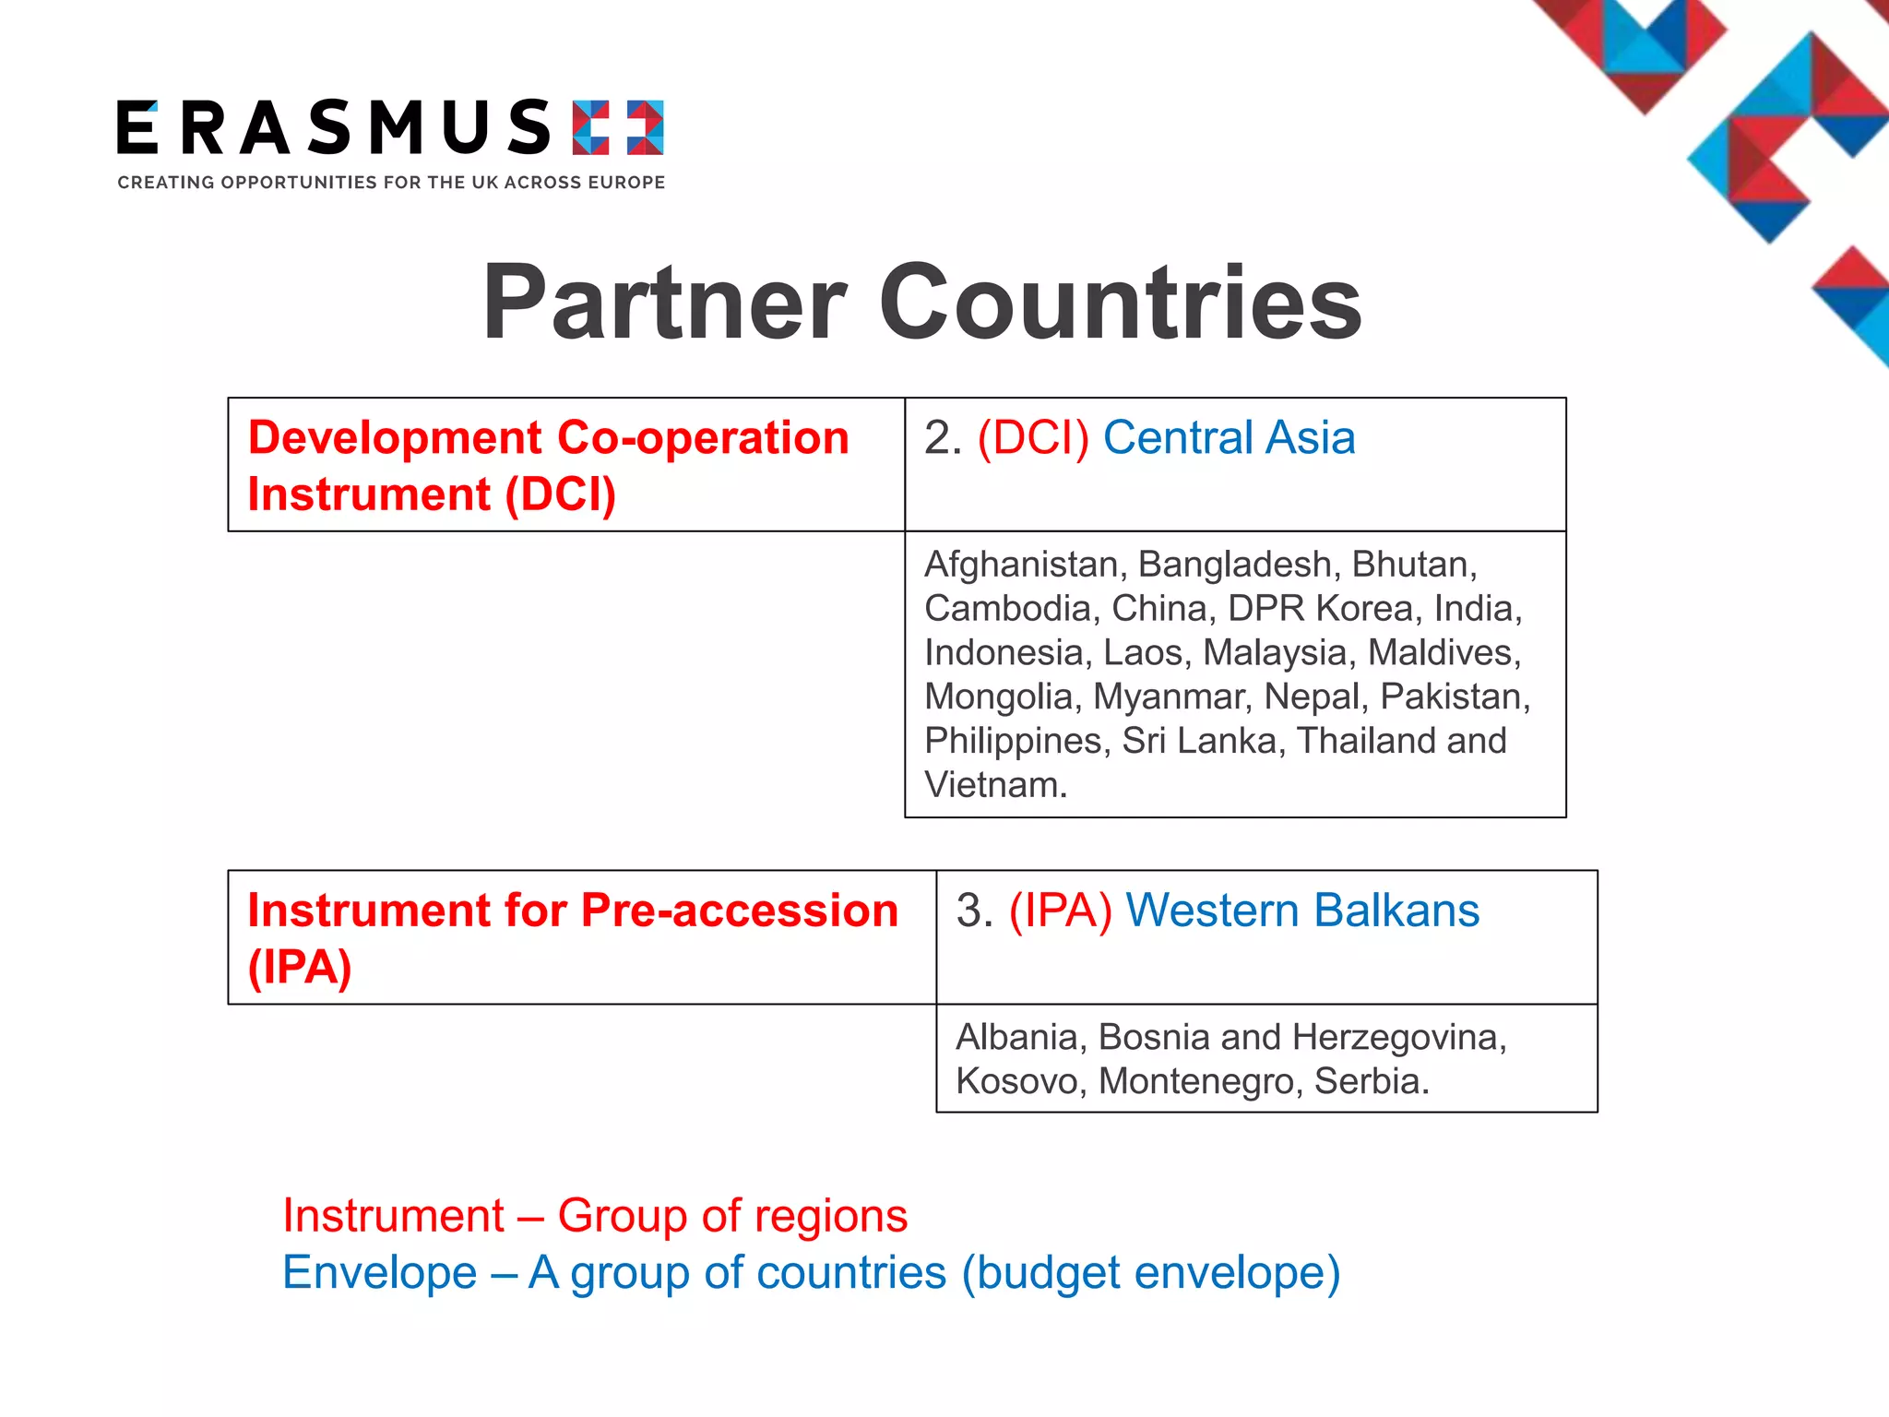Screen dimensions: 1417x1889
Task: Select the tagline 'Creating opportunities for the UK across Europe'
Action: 391,183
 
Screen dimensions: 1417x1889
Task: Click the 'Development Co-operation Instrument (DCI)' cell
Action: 548,465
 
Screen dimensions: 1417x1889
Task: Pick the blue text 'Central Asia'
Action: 1229,437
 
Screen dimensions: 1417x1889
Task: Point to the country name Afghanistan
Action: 1021,564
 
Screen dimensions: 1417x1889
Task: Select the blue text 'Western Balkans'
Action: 1302,911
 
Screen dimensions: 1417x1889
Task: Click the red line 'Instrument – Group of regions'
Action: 595,1215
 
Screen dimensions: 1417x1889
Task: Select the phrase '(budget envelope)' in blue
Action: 1150,1272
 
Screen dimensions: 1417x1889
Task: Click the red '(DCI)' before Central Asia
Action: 1033,437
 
